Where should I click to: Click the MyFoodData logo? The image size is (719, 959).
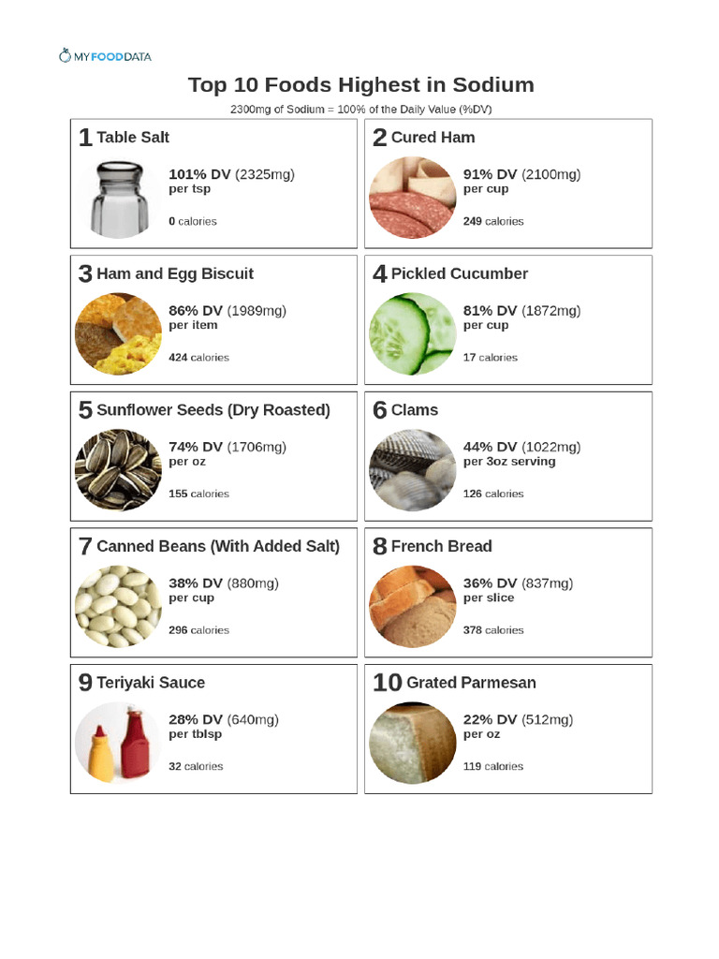pos(104,56)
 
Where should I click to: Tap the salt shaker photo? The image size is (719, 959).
pos(118,199)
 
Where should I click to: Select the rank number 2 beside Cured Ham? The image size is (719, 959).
pos(379,139)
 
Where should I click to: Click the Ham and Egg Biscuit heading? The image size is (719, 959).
pos(174,273)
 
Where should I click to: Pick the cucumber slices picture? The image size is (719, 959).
pos(412,334)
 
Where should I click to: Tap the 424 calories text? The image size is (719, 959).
pos(198,358)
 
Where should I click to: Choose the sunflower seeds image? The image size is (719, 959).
pos(118,470)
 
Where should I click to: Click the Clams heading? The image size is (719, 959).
pos(414,410)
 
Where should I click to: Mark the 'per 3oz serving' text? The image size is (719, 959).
pos(508,462)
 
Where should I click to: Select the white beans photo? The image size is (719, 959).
pos(118,606)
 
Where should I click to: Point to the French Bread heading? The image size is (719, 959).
pos(441,546)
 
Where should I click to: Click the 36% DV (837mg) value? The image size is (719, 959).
pos(518,583)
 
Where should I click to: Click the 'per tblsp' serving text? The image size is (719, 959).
pos(195,734)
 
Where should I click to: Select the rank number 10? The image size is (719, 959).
pos(387,684)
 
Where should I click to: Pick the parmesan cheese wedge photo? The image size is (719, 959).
pos(412,742)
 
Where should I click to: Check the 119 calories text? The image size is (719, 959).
pos(492,766)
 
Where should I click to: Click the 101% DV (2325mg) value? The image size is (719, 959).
pos(230,174)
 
